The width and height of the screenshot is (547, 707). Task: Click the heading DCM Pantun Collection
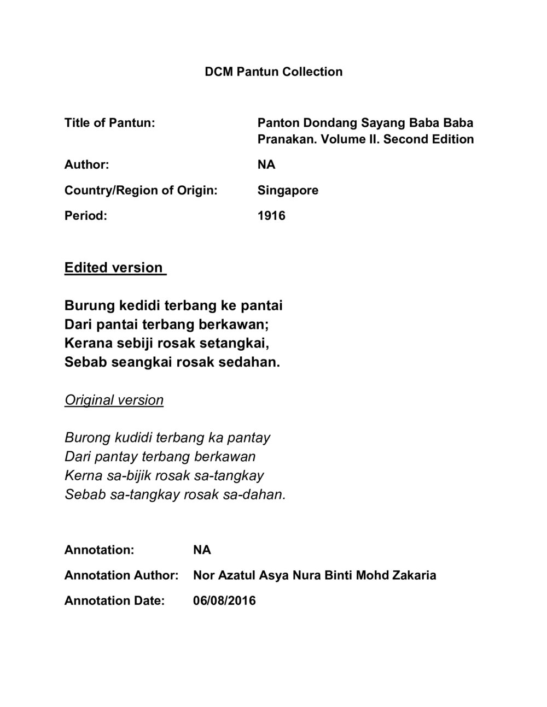coord(273,72)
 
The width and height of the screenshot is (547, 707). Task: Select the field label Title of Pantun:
coord(110,122)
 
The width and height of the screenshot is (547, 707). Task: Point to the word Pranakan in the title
coord(287,139)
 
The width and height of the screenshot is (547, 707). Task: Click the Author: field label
coord(86,164)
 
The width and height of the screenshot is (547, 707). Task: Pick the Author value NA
coord(266,164)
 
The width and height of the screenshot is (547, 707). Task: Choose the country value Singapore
coord(288,190)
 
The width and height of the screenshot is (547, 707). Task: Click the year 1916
coord(271,216)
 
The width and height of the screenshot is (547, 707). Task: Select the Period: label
coord(85,216)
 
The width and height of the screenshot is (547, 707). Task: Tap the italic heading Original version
coord(114,400)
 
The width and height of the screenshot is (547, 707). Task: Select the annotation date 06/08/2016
coord(224,601)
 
